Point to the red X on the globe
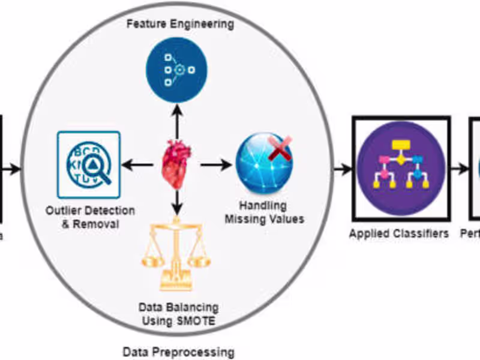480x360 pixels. tap(280, 148)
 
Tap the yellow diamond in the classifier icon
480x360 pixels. tap(400, 158)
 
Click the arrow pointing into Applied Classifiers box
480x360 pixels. tap(343, 169)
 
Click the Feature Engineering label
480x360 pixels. tap(179, 25)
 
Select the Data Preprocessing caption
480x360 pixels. tap(178, 352)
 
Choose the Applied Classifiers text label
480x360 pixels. tap(398, 233)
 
